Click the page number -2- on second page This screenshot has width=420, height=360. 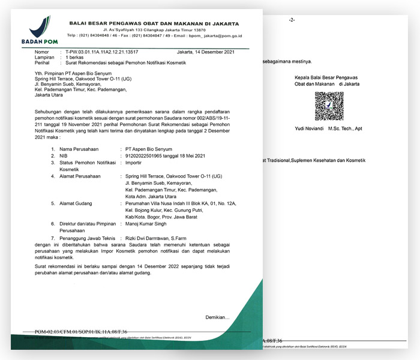pyautogui.click(x=292, y=20)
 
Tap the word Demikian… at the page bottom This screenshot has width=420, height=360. pyautogui.click(x=217, y=317)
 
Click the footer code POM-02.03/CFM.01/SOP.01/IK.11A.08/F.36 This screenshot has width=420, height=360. pyautogui.click(x=80, y=331)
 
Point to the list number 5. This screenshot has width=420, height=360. pyautogui.click(x=53, y=203)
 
